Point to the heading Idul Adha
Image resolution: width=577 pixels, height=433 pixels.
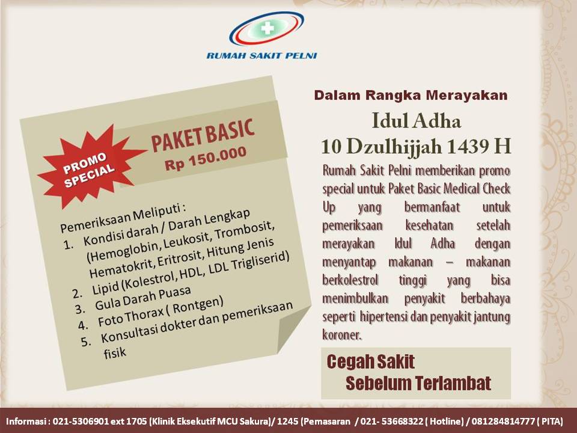(x=417, y=122)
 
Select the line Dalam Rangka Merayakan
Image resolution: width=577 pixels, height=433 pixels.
(x=411, y=95)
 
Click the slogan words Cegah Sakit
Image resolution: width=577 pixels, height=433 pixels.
(x=370, y=362)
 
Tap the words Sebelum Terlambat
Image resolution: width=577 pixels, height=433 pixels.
(x=418, y=383)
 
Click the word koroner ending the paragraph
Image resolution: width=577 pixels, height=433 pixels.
(x=342, y=334)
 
